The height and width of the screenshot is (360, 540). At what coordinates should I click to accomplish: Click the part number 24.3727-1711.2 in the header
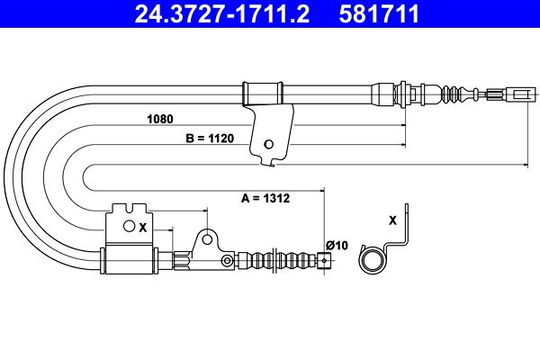[222, 13]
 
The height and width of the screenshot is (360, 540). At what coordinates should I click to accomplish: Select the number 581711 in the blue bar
[379, 13]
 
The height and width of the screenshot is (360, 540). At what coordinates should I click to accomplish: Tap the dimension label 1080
[160, 119]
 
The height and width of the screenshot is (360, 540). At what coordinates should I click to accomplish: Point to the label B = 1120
[210, 139]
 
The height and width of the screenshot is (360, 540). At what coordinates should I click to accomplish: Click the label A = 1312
[265, 198]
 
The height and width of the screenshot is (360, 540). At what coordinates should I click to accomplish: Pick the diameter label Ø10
[337, 246]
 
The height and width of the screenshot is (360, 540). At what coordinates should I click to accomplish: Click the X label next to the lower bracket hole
[142, 228]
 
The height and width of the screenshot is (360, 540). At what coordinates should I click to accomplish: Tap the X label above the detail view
[392, 220]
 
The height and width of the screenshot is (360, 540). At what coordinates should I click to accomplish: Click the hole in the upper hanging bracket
[268, 145]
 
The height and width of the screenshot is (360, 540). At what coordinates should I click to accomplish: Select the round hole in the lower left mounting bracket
[129, 226]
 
